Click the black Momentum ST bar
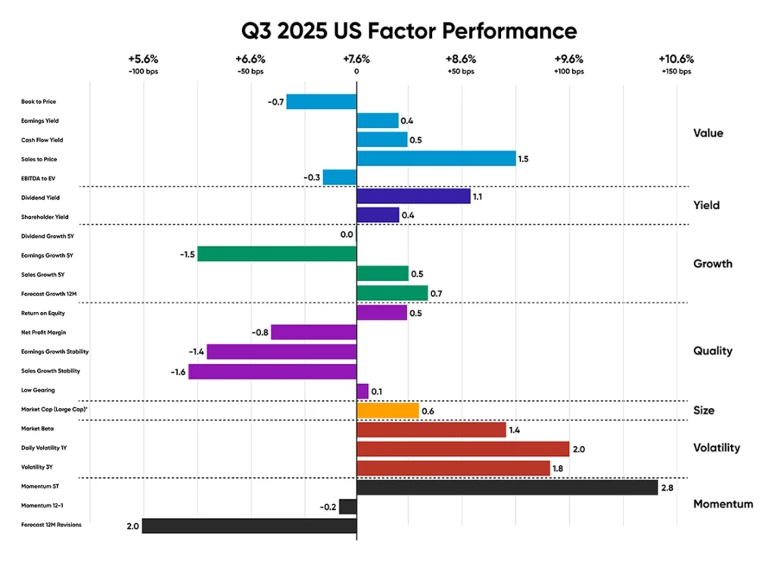pos(506,487)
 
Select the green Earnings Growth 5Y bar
pos(276,254)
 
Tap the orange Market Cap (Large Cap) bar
pos(387,411)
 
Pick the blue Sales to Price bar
pos(435,158)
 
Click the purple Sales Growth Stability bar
pos(272,371)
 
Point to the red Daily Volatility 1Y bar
pos(462,448)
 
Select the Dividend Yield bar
pos(412,196)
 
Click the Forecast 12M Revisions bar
pos(249,525)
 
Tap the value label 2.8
pos(668,488)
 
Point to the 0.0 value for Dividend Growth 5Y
pos(347,235)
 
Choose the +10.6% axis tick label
pos(676,59)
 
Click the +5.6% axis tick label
pos(142,59)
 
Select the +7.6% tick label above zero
pos(356,59)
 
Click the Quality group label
pos(712,351)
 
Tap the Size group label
pos(704,411)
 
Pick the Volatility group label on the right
pos(716,448)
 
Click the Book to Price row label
pos(39,101)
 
